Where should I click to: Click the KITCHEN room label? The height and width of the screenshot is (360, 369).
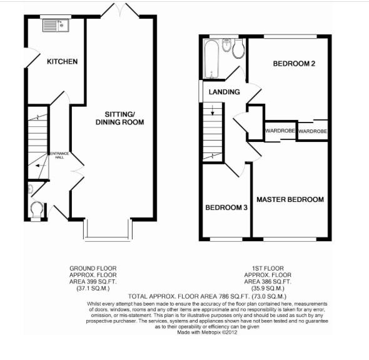[x=62, y=61]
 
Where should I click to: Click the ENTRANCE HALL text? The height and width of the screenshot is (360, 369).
[x=60, y=155]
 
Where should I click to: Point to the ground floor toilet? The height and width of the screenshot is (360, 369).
[x=37, y=209]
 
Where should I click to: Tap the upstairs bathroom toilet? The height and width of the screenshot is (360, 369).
[x=238, y=50]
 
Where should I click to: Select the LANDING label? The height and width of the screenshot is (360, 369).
[x=224, y=92]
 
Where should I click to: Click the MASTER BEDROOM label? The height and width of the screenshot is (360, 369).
[x=290, y=199]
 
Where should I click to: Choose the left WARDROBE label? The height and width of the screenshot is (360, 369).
[x=280, y=131]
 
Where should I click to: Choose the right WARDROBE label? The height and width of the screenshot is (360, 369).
[x=312, y=131]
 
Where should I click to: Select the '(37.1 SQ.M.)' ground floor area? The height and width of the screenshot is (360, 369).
[x=93, y=289]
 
